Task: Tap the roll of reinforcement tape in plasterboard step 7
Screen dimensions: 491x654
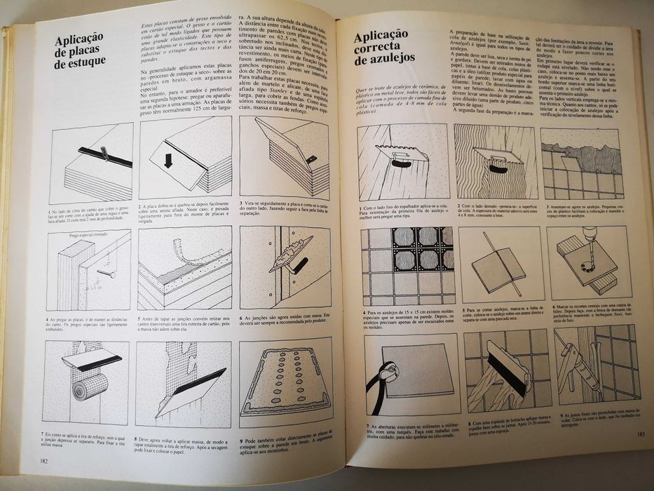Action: click(x=89, y=384)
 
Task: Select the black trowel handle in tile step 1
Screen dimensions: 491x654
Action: click(x=402, y=163)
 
